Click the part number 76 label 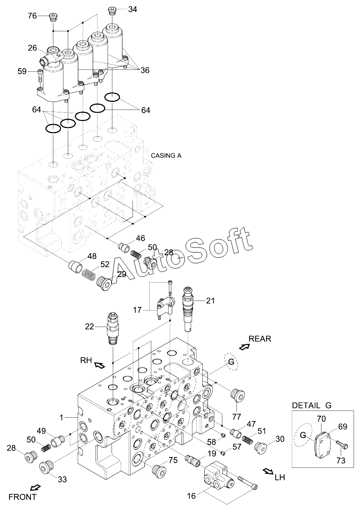tap(32, 16)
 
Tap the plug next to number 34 tap(112, 11)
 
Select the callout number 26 tap(33, 48)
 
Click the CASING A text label tap(166, 156)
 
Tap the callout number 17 tap(137, 310)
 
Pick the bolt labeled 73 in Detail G tap(342, 442)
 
